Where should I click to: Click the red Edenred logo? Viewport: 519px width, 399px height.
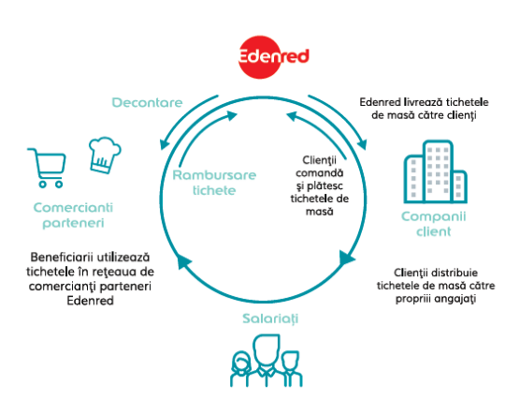click(x=273, y=57)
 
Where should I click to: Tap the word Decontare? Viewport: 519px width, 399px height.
click(x=148, y=102)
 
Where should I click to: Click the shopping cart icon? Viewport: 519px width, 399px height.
click(x=47, y=168)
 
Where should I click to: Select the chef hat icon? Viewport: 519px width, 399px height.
click(x=105, y=155)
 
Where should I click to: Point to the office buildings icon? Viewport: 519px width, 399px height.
click(x=435, y=171)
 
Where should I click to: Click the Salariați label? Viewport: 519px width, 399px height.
click(x=270, y=318)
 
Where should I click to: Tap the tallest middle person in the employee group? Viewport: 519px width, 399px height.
click(x=267, y=360)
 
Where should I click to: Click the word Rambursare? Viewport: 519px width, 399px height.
click(x=214, y=175)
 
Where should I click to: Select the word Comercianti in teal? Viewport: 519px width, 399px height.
click(x=73, y=207)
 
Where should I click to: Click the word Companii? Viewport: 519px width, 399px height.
click(x=434, y=216)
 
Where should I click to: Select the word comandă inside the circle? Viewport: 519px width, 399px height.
click(x=320, y=173)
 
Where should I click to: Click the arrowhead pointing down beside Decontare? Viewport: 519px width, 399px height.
click(x=165, y=144)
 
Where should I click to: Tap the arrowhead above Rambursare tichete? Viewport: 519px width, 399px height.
click(x=231, y=115)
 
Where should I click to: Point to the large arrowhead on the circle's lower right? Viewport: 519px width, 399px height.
click(x=346, y=258)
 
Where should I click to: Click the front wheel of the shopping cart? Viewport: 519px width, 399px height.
click(x=59, y=185)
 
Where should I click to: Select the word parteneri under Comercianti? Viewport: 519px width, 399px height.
click(x=73, y=223)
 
